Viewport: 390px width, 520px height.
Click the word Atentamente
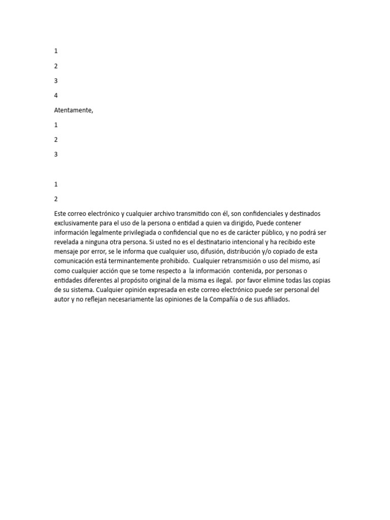coord(73,110)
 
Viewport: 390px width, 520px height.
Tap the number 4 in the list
coord(56,95)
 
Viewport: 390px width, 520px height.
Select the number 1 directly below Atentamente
coord(56,125)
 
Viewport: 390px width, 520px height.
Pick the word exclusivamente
coord(78,223)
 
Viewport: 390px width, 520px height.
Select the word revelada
coord(67,242)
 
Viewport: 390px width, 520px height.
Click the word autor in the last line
coord(63,300)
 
